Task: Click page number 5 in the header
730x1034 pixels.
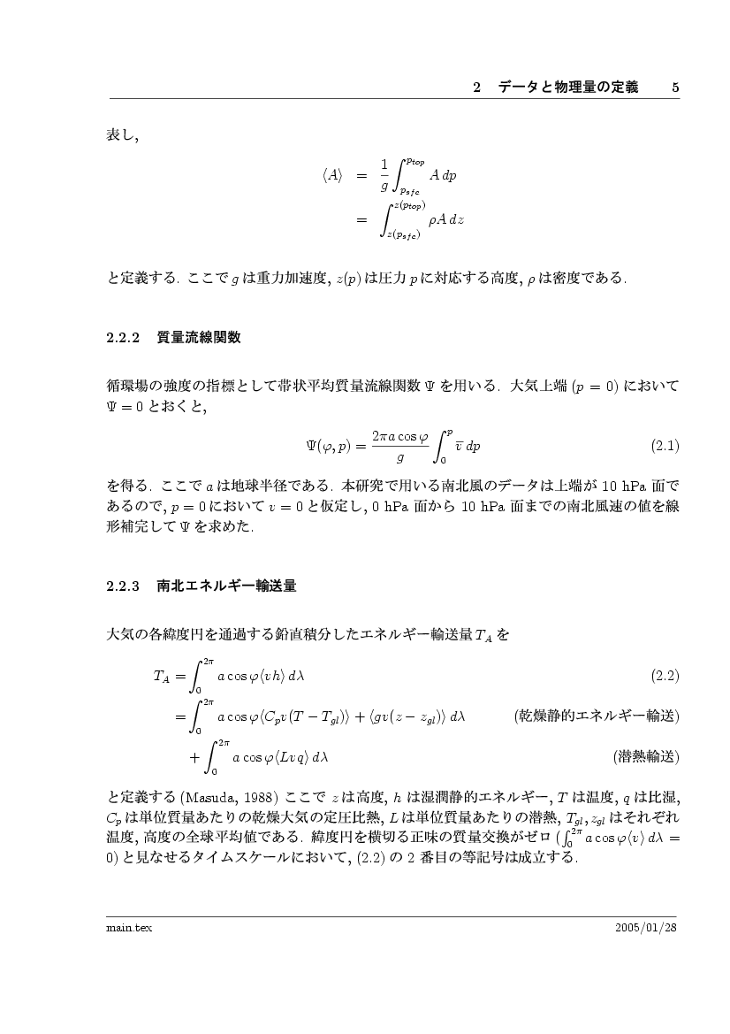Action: pyautogui.click(x=674, y=88)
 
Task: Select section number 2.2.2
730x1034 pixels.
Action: pyautogui.click(x=124, y=337)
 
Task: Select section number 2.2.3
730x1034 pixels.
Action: pyautogui.click(x=124, y=586)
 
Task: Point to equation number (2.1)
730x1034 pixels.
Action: pyautogui.click(x=665, y=446)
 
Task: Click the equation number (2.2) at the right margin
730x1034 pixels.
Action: pyautogui.click(x=665, y=677)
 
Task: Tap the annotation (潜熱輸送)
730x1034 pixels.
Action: pyautogui.click(x=645, y=756)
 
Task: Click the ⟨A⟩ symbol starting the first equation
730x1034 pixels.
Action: pyautogui.click(x=332, y=176)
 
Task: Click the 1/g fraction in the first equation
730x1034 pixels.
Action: pyautogui.click(x=384, y=175)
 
